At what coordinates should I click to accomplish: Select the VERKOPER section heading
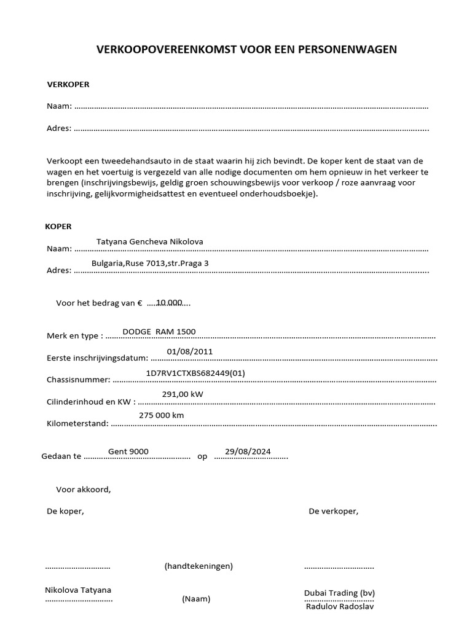coord(68,84)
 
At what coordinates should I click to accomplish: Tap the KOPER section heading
coord(58,226)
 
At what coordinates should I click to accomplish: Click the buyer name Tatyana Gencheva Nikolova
coord(149,241)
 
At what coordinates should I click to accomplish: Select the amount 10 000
coord(169,302)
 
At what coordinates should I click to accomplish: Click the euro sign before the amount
coord(140,303)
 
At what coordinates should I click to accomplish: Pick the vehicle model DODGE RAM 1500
coord(159,332)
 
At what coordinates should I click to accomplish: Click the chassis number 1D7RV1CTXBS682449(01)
coord(195,373)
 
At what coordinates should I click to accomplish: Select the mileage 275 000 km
coord(161,415)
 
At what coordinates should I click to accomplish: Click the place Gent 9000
coord(128,451)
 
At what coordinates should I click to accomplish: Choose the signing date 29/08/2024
coord(248,451)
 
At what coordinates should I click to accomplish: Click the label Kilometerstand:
coord(77,423)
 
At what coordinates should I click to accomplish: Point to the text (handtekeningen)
coord(199,566)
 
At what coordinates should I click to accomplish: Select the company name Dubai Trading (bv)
coord(339,593)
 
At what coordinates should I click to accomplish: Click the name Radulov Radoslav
coord(339,606)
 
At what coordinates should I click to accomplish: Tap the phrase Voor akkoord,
coord(84,490)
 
